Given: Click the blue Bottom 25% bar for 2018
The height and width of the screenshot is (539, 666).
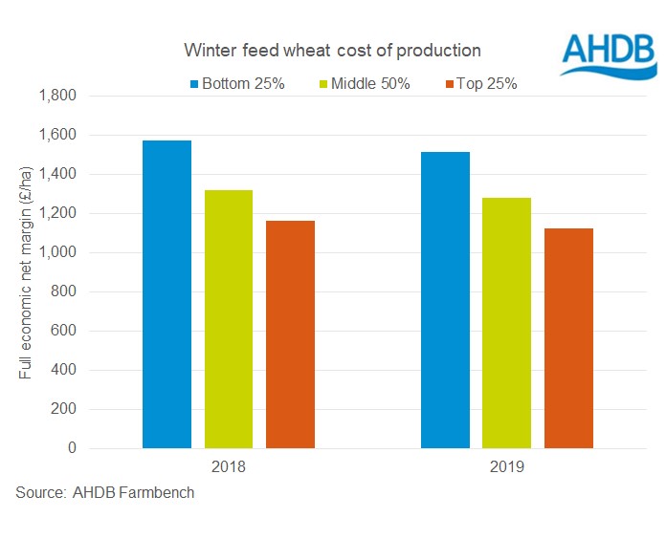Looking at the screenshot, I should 166,294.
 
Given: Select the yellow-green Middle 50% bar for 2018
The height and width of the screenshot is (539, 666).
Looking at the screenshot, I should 229,319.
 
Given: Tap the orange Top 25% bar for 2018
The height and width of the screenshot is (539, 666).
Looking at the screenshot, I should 290,334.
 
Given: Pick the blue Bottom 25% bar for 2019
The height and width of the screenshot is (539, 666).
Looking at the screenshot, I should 445,300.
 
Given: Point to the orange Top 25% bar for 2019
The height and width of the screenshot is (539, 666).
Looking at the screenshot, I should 568,338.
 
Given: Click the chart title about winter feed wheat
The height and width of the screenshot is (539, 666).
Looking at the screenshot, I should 333,50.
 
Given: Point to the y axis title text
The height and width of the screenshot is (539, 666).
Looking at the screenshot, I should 26,272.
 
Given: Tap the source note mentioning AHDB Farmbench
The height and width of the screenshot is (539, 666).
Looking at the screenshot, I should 105,494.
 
